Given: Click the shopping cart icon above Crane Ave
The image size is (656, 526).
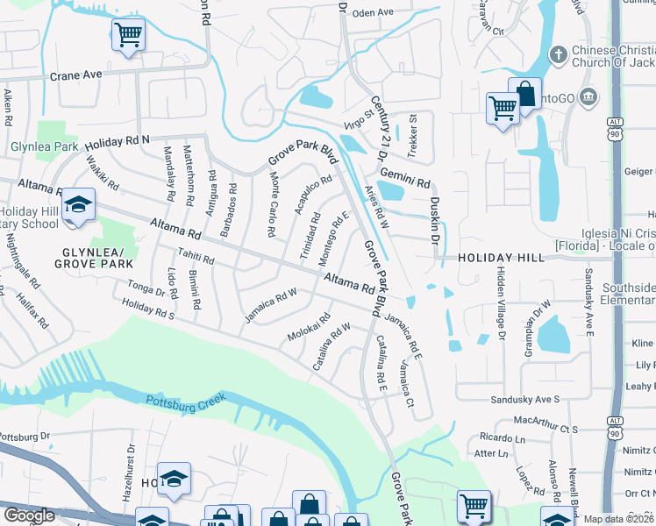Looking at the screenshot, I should point(128,36).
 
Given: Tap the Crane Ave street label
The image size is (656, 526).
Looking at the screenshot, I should point(76,75).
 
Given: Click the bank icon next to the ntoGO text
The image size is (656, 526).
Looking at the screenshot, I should point(589,95).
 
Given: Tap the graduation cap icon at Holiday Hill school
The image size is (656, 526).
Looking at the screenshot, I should point(79,206).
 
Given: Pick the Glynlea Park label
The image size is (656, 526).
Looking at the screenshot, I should point(43,146).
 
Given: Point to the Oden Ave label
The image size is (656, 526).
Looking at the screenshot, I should point(374,12).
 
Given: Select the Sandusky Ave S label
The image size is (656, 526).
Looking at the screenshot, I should point(524,399).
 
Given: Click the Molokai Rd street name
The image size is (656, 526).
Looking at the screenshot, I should point(308,327).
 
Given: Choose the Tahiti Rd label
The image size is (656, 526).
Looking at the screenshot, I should point(196,255).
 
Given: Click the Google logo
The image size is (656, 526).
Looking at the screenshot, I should point(29,515).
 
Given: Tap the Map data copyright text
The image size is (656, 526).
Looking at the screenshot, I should point(617,519).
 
